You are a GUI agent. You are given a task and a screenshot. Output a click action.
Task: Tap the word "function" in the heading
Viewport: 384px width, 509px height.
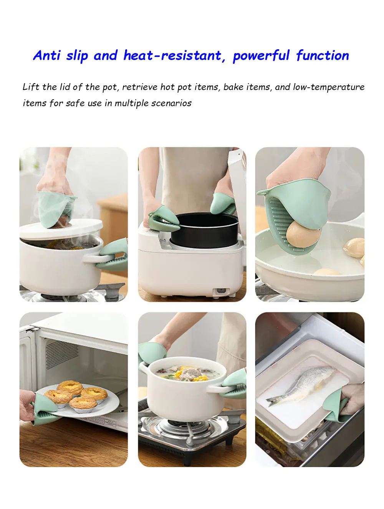pos(323,56)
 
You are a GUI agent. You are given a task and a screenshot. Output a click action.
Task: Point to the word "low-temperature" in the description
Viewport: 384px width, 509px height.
pos(329,87)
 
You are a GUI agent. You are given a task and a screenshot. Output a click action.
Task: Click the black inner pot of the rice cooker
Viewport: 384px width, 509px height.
pos(204,230)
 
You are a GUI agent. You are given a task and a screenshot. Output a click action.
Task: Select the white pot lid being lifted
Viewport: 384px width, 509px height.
pos(61,229)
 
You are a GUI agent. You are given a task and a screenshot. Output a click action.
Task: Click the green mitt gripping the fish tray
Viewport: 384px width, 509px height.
pos(335,406)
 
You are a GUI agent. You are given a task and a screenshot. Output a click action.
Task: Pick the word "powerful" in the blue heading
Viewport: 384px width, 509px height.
pos(261,56)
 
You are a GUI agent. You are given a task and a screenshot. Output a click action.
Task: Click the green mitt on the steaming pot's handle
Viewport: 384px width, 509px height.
pos(113,255)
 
